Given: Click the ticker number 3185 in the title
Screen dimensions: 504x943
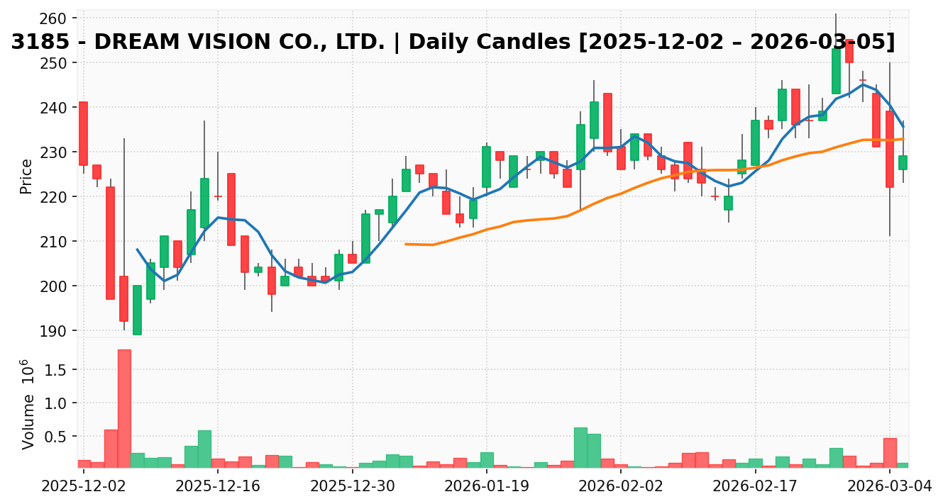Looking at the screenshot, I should (x=40, y=43).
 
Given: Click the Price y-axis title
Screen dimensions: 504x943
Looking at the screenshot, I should (x=26, y=177).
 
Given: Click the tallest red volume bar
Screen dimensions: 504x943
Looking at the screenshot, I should (x=124, y=408).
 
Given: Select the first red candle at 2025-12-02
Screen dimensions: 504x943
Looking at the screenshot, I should (x=83, y=133).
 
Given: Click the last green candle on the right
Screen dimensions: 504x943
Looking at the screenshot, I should (x=903, y=162).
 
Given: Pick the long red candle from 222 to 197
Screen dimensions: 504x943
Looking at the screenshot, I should (x=110, y=242).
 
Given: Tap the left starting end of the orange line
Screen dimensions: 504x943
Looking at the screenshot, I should (x=406, y=244).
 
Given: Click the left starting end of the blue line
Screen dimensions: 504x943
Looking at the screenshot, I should (x=137, y=250).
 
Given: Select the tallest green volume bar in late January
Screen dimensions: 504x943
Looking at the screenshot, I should (x=580, y=447).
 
